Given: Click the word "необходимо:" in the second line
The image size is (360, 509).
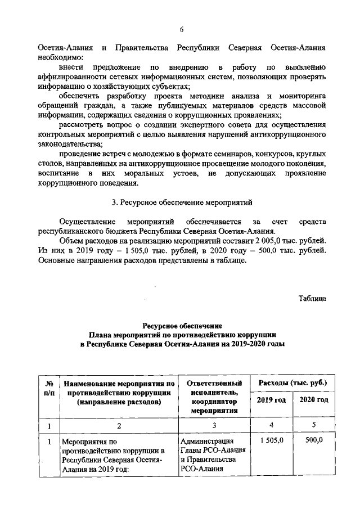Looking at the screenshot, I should point(61,57).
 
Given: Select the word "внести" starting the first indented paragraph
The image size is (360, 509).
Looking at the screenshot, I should point(72,67).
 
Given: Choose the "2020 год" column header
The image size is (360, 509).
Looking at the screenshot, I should point(314,400).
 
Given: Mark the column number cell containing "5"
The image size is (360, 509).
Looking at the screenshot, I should point(314,425).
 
